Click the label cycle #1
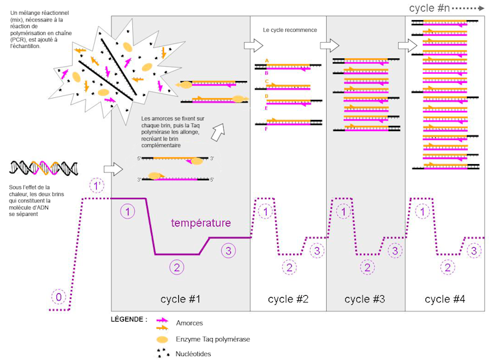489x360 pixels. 180,299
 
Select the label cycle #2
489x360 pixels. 288,299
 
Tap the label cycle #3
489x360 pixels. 364,299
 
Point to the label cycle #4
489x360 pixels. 445,299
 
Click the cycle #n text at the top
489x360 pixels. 429,8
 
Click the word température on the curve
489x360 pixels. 201,222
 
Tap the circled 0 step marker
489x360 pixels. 58,297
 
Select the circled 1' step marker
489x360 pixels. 97,186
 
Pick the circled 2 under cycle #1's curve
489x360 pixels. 177,267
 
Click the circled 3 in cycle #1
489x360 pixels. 228,251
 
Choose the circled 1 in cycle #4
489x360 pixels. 423,212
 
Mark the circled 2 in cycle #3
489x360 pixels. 367,267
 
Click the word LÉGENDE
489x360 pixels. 127,319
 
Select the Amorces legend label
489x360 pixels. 189,323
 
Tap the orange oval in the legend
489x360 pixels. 162,339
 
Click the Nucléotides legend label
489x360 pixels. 193,354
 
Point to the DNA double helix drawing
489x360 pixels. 43,168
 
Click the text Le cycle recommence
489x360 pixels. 290,30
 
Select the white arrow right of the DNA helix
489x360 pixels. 113,169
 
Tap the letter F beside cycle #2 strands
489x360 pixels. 266,129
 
